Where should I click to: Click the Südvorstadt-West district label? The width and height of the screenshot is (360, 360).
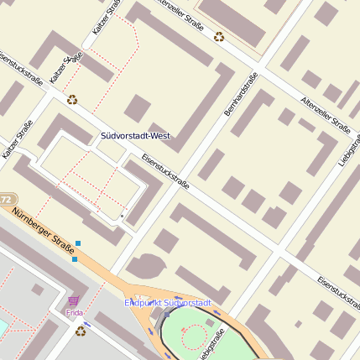(x=135, y=135)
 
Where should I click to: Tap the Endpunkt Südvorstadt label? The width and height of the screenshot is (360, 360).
(x=168, y=302)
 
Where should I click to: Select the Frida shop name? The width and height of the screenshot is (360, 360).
(x=75, y=313)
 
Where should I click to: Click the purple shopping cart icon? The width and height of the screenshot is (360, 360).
(x=74, y=300)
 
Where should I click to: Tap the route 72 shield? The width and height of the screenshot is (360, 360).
(x=6, y=200)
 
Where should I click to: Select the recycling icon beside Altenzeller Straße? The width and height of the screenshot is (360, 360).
(x=219, y=36)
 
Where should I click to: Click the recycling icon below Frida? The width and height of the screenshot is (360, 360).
(x=81, y=331)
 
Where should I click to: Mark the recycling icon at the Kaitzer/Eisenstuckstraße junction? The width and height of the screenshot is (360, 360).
(x=72, y=98)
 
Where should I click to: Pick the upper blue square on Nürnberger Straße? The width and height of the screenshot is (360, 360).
(x=78, y=243)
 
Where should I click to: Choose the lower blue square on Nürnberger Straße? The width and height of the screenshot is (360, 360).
(x=74, y=259)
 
